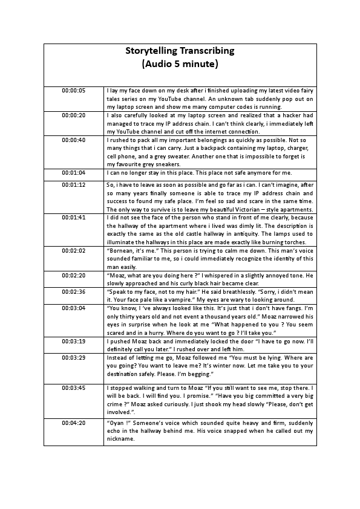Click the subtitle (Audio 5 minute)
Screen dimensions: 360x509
pos(179,63)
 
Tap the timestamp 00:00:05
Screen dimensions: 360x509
pos(74,91)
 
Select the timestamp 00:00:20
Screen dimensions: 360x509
pos(74,114)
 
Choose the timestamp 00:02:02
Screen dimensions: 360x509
pos(74,250)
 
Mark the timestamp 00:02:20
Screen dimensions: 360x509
pos(74,274)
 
